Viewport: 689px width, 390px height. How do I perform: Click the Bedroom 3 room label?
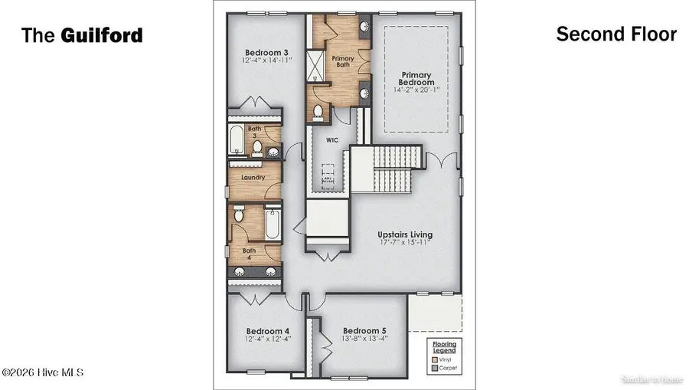(x=255, y=52)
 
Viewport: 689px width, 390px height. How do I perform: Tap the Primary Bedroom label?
(x=417, y=78)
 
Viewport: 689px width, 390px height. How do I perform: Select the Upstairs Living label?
(x=405, y=234)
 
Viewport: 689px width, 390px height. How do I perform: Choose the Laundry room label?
(x=253, y=177)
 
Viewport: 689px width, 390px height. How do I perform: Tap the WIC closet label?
(x=332, y=140)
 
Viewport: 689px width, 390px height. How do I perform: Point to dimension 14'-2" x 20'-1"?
(x=417, y=90)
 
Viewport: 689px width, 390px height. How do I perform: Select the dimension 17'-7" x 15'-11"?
(x=405, y=243)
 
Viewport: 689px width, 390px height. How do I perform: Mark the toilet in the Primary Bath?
(x=318, y=111)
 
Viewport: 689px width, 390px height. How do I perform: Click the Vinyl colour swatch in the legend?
(x=434, y=359)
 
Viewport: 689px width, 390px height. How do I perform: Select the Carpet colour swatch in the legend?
(x=434, y=368)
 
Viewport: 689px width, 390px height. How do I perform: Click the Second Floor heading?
(x=616, y=34)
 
